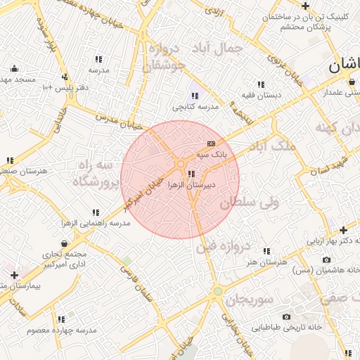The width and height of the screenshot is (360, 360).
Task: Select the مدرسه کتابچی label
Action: tap(196, 107)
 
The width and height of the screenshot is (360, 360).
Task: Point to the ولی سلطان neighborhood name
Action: tap(249, 202)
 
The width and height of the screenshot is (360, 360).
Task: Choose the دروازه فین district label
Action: tap(223, 246)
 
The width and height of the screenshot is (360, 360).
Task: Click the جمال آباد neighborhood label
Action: tap(219, 49)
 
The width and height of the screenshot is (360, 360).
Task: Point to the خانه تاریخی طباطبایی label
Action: tap(287, 327)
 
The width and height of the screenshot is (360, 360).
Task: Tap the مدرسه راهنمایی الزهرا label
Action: tap(96, 223)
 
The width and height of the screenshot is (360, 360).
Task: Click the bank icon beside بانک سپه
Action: tap(212, 143)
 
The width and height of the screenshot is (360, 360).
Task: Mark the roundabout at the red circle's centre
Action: tap(181, 164)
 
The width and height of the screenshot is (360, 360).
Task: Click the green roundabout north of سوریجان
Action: tap(218, 290)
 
